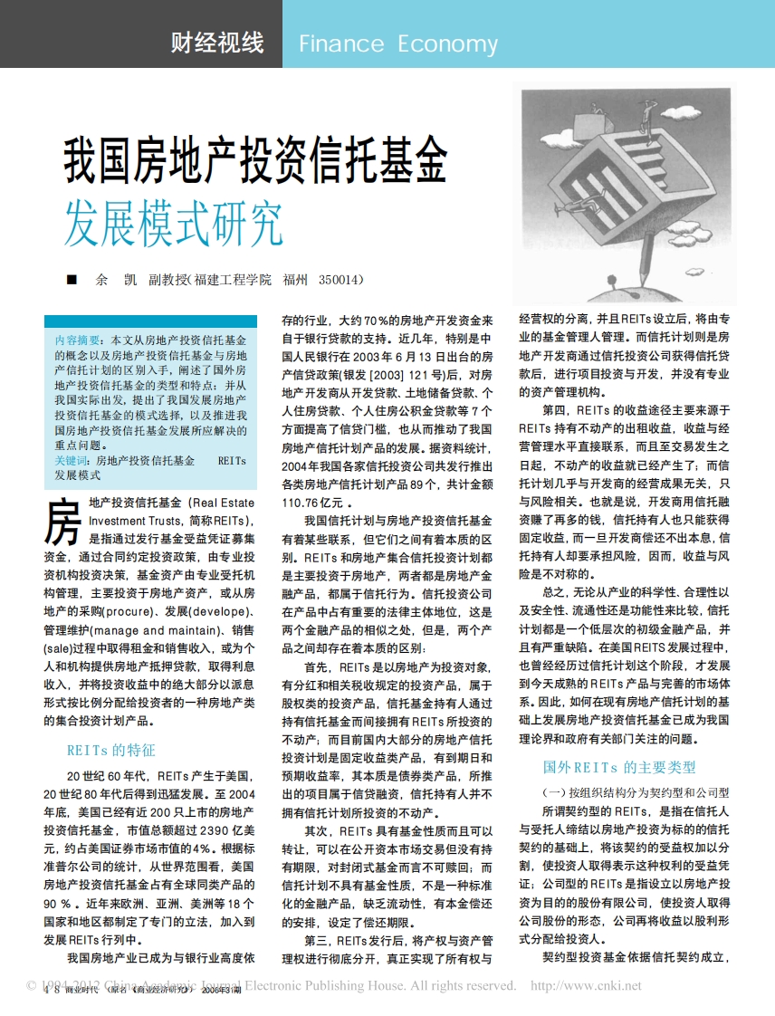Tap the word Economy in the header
click(447, 44)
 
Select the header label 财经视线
click(217, 43)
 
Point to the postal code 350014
click(340, 280)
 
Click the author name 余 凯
click(115, 280)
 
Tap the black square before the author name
click(72, 281)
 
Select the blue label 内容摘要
click(78, 340)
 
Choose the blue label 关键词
click(73, 461)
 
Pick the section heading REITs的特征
click(110, 750)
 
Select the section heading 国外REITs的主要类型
click(619, 767)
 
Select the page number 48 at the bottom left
click(51, 990)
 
